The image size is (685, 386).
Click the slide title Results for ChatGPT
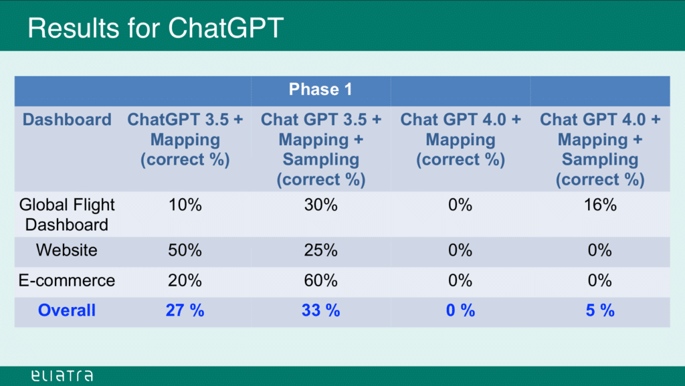click(x=155, y=28)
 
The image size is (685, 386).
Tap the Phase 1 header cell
click(x=320, y=90)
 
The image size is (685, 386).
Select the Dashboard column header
click(x=67, y=120)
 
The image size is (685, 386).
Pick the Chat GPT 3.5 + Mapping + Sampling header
click(x=320, y=149)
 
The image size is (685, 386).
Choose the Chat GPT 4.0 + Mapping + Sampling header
click(x=599, y=149)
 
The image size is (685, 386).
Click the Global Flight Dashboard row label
click(x=67, y=214)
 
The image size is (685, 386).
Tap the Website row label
click(x=67, y=250)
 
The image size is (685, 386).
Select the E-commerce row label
click(x=67, y=280)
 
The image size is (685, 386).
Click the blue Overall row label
click(x=67, y=310)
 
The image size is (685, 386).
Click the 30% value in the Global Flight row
click(x=320, y=205)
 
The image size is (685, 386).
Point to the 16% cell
click(x=599, y=205)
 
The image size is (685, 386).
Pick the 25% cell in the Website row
click(x=320, y=250)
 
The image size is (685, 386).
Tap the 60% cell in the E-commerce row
click(x=320, y=280)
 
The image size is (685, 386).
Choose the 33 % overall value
click(x=320, y=310)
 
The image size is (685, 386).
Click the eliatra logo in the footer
click(x=62, y=375)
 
